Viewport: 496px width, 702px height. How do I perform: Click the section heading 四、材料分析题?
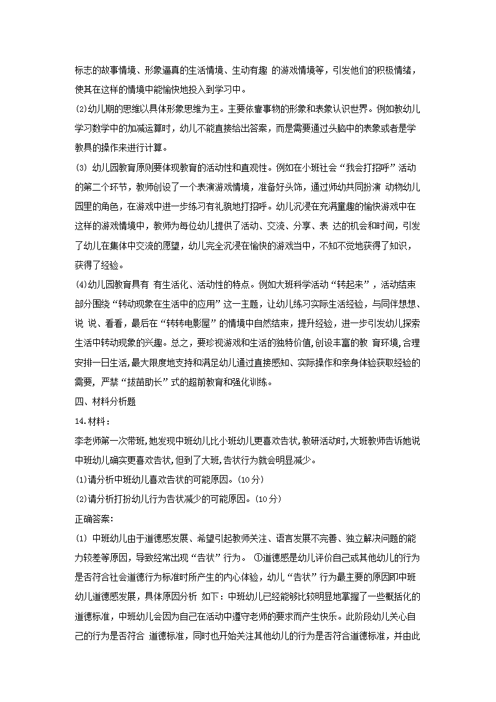pos(104,402)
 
